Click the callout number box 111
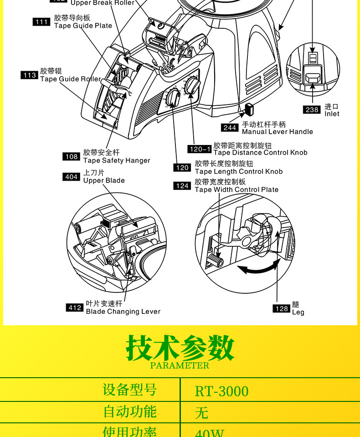[42, 21]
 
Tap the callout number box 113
[30, 75]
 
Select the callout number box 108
[72, 156]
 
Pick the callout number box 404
[72, 177]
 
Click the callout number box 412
[75, 307]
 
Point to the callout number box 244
[230, 128]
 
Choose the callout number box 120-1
[200, 149]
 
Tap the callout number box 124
[182, 186]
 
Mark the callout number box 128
[282, 308]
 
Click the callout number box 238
[312, 109]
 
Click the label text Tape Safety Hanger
[116, 161]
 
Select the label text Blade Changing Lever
[123, 312]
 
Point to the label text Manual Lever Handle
[277, 132]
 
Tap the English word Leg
[298, 312]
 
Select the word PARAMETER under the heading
[180, 365]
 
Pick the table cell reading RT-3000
[222, 391]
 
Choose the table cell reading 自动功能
[130, 411]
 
